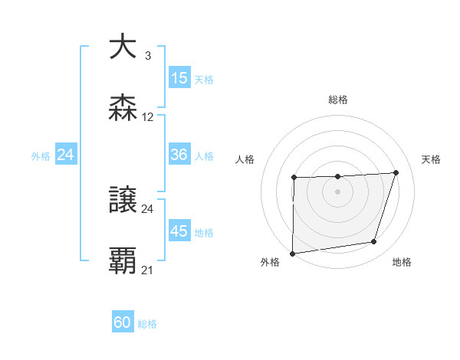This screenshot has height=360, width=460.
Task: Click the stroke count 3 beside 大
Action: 147,56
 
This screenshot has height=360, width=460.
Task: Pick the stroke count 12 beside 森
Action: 148,117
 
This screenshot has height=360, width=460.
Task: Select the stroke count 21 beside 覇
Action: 148,270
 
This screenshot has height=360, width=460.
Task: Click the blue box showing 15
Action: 179,78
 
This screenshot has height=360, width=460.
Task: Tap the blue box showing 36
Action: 179,155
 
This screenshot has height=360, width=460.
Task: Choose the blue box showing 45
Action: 179,231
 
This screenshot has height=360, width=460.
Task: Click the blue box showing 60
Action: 123,322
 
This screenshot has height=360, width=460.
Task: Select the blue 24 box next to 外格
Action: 66,155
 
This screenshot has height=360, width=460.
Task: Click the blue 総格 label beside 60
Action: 147,324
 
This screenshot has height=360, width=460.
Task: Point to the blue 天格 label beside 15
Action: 204,79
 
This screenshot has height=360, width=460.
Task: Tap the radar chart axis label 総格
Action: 338,100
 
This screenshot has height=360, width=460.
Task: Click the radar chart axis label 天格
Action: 432,159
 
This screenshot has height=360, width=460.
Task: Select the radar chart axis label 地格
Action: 402,262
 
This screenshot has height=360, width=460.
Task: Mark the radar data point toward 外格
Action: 292,254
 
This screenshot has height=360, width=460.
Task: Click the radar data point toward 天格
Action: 396,172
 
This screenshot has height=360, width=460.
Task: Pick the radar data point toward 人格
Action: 294,178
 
